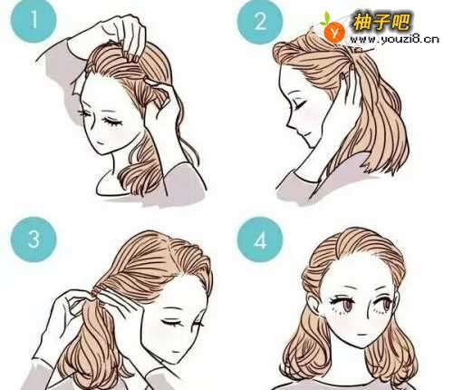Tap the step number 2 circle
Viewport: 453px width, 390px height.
pyautogui.click(x=260, y=22)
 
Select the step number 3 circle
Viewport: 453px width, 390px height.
pyautogui.click(x=34, y=239)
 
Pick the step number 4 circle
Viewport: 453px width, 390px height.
pyautogui.click(x=260, y=241)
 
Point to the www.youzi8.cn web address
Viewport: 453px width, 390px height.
pyautogui.click(x=394, y=39)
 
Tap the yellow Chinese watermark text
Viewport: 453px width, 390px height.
pyautogui.click(x=381, y=22)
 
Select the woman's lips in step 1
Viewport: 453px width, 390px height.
pyautogui.click(x=101, y=141)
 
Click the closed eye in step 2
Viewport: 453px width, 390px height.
pyautogui.click(x=298, y=105)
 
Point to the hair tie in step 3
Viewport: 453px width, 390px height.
pyautogui.click(x=97, y=292)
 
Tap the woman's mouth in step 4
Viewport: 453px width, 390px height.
pyautogui.click(x=361, y=335)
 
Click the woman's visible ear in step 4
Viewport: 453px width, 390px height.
pyautogui.click(x=313, y=305)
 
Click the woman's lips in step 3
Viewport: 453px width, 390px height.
pyautogui.click(x=174, y=351)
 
